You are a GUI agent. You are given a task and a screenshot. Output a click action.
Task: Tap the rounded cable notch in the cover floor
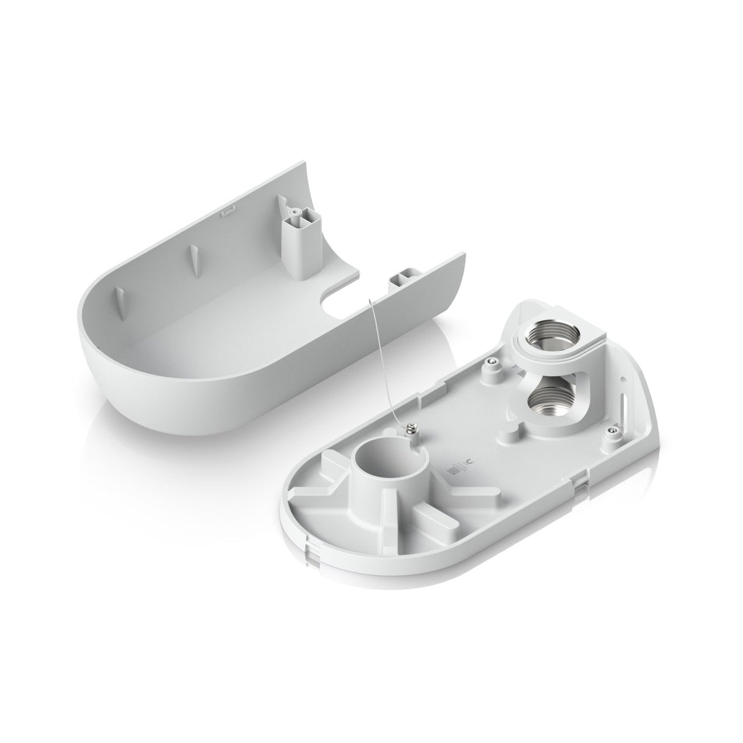(x=340, y=294)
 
